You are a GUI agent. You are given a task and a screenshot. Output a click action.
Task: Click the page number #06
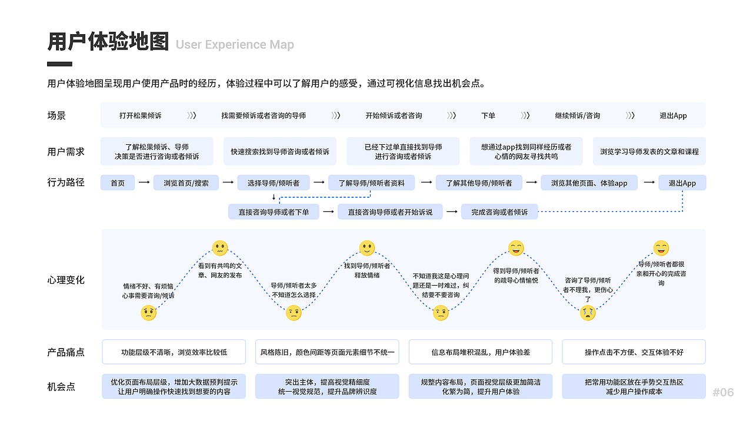coord(723,392)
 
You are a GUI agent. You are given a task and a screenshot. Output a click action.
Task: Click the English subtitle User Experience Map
coord(235,45)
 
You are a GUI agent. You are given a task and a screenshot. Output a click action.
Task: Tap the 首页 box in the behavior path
coord(118,183)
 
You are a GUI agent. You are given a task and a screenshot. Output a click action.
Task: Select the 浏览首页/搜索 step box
coord(186,183)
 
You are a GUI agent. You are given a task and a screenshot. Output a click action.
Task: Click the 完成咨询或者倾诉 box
coord(499,212)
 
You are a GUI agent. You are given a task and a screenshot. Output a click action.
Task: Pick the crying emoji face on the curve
coord(588,313)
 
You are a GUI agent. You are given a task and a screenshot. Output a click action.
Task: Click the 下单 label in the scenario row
coord(488,115)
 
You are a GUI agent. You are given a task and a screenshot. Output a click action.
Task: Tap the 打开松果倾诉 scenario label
coord(140,115)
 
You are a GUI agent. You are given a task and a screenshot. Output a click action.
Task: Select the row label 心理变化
coord(66,280)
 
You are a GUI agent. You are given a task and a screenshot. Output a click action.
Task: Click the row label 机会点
coord(61,387)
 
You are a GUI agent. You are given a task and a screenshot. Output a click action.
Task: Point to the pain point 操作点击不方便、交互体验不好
coord(634,352)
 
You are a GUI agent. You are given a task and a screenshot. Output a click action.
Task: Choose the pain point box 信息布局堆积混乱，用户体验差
coord(480,352)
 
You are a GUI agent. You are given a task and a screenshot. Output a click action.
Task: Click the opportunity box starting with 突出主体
coord(327,387)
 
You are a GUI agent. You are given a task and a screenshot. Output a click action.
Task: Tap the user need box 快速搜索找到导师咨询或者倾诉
coord(280,151)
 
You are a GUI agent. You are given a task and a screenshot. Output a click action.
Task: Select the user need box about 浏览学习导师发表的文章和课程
coord(649,151)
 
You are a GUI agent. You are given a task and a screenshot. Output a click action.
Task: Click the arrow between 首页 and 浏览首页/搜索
coord(144,183)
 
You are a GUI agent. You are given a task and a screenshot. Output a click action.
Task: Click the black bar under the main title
coord(59,64)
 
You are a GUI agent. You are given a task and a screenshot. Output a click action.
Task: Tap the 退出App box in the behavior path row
coord(682,183)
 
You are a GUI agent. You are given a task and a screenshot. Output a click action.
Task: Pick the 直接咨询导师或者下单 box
coord(274,212)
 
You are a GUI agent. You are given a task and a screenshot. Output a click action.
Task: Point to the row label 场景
coord(56,115)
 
